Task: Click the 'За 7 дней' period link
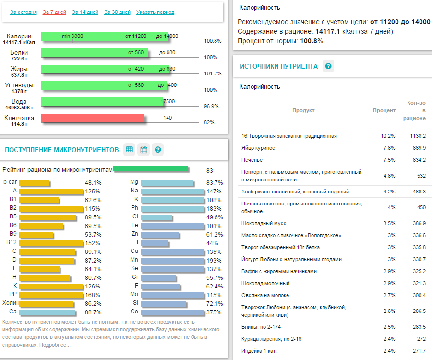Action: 54,12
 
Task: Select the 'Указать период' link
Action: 155,12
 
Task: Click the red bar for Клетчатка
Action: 93,119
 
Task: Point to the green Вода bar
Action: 103,102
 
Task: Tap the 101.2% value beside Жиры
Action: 213,73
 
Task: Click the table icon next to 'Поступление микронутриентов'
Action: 129,150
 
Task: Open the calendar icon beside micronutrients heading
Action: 144,150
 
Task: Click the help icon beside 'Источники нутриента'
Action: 328,66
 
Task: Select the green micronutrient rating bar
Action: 151,169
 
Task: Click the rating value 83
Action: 210,170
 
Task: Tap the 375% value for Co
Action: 214,312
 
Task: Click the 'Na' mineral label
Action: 134,191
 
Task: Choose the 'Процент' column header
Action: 384,110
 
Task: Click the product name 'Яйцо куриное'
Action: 258,148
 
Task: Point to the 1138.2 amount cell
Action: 418,136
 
